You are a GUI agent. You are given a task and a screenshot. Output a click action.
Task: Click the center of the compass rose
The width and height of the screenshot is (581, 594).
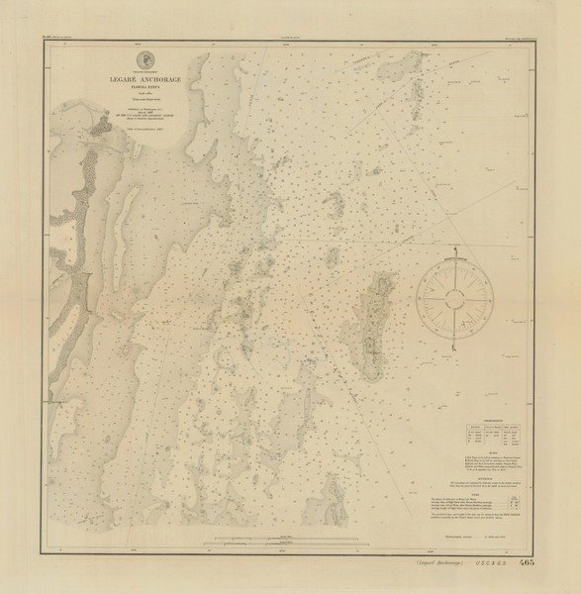tap(454, 296)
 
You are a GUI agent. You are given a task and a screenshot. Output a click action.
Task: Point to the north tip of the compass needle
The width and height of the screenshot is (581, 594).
tap(454, 255)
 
